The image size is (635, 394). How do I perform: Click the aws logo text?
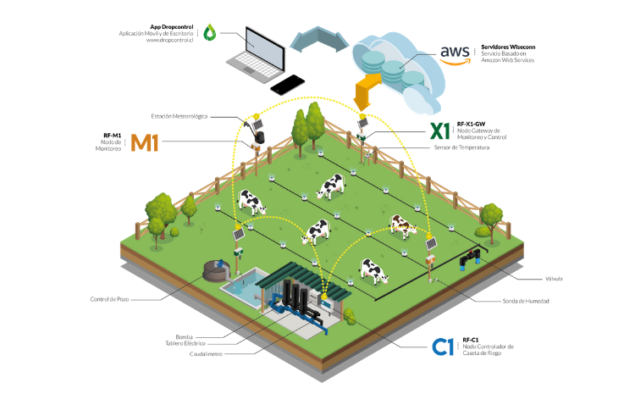456,53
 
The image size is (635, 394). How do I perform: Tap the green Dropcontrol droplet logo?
209,32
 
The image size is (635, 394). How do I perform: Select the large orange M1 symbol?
144,142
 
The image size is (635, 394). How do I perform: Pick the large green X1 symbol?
439,131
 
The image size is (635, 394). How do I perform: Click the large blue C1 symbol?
443,347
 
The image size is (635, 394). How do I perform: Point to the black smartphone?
288,85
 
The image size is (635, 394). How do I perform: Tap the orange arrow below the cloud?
367,92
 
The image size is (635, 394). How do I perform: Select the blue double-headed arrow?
319,40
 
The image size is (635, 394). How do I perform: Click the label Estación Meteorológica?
179,116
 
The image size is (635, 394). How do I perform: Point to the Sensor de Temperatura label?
461,147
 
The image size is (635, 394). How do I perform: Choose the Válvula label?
554,279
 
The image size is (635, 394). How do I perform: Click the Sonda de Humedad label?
526,301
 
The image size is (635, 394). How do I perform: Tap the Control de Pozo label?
109,299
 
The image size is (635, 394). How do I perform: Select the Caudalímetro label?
206,354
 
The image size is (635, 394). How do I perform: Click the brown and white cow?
403,226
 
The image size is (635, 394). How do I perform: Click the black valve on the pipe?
470,259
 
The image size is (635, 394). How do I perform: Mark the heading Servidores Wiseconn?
508,47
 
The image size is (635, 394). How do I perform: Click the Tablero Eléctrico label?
185,343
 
